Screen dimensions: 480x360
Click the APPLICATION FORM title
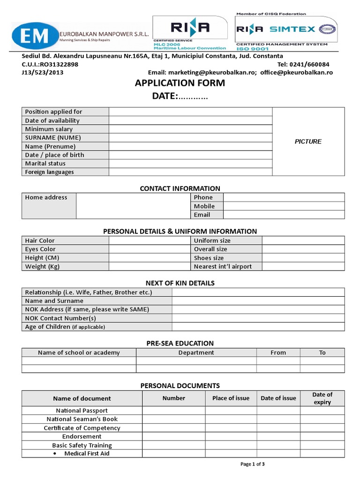[180, 83]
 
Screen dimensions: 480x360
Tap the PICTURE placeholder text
[308, 142]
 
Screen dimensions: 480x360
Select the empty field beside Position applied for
[190, 112]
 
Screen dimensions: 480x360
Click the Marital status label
[45, 164]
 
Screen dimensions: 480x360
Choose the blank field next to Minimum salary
[190, 129]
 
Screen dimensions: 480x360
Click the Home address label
[46, 197]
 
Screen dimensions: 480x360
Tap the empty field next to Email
[284, 215]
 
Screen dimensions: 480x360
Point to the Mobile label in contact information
[204, 206]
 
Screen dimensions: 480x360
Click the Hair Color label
[40, 240]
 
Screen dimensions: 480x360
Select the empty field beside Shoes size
[303, 258]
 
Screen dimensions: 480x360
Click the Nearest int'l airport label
[223, 267]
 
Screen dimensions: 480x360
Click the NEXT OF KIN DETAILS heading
[180, 283]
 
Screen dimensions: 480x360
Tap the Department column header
[196, 352]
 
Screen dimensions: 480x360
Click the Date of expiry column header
[322, 398]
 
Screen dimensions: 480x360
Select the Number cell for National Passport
[173, 411]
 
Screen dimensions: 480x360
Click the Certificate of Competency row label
[82, 428]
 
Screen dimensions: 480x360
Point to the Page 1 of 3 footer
[253, 465]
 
